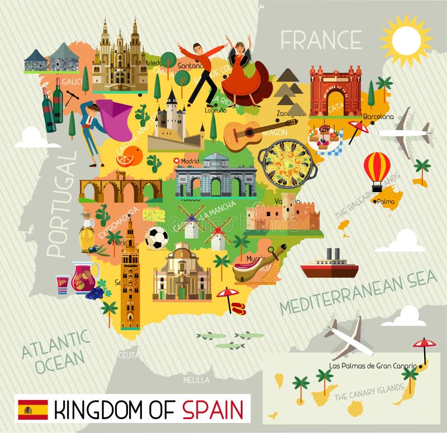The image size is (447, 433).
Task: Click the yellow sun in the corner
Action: [406, 40]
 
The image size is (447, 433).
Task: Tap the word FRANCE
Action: [321, 40]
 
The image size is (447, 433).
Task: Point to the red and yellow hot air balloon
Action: [377, 167]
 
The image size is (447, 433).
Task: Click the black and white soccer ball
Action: [156, 239]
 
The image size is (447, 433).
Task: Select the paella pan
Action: [288, 164]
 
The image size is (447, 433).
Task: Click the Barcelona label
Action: [378, 117]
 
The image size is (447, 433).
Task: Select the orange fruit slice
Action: [129, 156]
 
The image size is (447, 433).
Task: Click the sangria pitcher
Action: [84, 277]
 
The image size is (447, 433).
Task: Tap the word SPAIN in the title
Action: [213, 410]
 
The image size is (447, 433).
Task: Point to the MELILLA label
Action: [196, 380]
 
